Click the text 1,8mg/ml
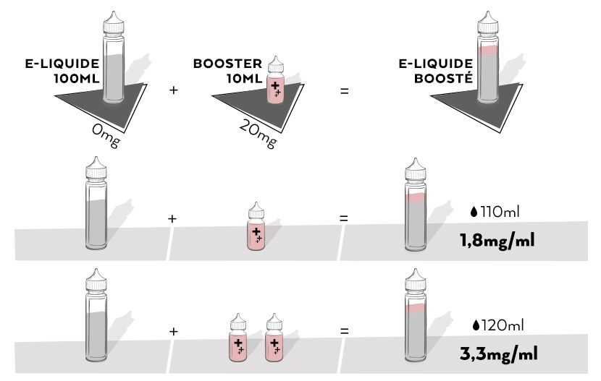pyautogui.click(x=497, y=240)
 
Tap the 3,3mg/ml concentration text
pyautogui.click(x=497, y=355)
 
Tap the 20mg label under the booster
pyautogui.click(x=258, y=134)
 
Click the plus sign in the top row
pyautogui.click(x=173, y=91)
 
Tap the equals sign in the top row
pyautogui.click(x=345, y=91)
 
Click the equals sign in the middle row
pyautogui.click(x=345, y=218)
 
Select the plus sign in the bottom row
pyautogui.click(x=173, y=331)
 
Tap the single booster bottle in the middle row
pyautogui.click(x=256, y=229)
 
